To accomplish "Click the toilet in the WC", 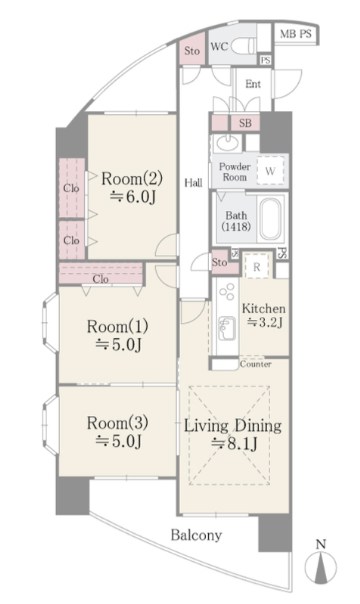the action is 244,46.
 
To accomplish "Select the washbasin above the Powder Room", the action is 227,143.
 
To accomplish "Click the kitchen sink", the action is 227,327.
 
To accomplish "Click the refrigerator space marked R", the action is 257,266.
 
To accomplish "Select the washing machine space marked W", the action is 270,171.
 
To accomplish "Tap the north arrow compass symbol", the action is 320,565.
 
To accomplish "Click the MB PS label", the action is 295,34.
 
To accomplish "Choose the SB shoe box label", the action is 245,123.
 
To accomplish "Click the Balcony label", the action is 196,535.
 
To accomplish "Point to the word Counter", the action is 256,364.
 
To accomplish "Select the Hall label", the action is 193,183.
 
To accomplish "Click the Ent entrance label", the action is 253,84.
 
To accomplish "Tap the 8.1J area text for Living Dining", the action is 234,445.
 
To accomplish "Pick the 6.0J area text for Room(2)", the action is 132,197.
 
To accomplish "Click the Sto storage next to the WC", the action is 192,50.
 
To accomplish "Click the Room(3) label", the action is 117,423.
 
